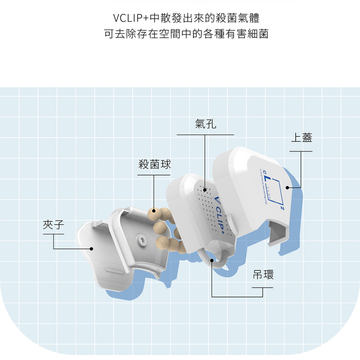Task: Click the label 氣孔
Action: pos(206,124)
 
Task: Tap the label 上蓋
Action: pos(301,138)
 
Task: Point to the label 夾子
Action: pos(53,225)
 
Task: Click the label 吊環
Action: pos(263,275)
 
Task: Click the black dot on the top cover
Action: pos(287,188)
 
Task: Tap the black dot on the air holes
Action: pos(205,190)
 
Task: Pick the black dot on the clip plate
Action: pos(91,249)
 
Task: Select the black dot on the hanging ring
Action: pos(212,260)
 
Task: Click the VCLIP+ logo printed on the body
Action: pos(220,216)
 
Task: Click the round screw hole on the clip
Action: pos(142,239)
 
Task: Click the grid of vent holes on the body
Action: pos(211,204)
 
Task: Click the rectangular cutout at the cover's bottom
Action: pos(278,232)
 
